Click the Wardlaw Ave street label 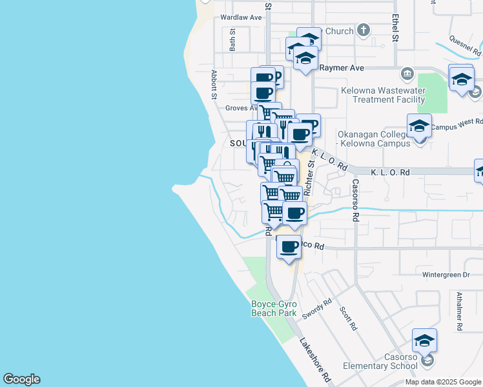click(x=241, y=17)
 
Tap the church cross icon click(x=364, y=30)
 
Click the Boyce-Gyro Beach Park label click(x=273, y=308)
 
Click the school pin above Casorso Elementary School click(x=424, y=341)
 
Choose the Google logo click(x=21, y=379)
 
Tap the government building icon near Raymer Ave click(x=406, y=74)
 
